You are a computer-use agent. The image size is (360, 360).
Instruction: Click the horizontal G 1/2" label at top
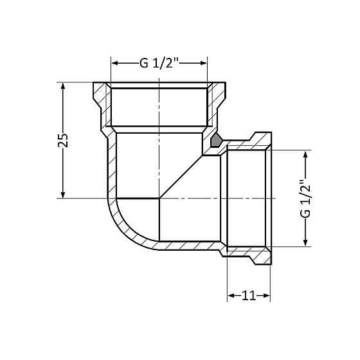click(x=159, y=63)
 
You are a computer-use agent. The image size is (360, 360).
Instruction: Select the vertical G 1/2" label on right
click(x=305, y=199)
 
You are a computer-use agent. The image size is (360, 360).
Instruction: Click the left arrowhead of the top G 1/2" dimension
click(x=115, y=63)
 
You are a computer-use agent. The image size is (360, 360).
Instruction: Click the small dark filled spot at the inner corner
click(x=216, y=139)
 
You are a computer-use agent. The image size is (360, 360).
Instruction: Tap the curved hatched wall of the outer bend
click(x=122, y=228)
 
